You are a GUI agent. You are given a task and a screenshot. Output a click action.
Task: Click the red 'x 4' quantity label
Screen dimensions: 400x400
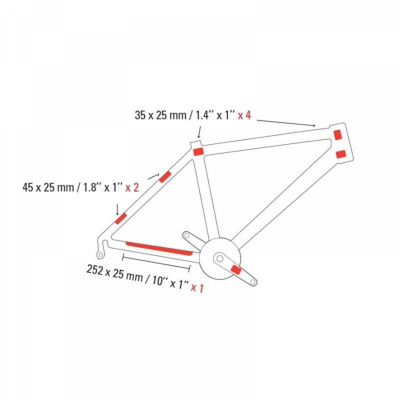[x=244, y=115]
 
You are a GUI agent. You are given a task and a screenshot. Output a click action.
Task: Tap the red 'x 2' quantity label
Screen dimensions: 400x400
[x=132, y=188]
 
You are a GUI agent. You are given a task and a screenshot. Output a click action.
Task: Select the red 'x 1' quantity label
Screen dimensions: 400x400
[x=197, y=288]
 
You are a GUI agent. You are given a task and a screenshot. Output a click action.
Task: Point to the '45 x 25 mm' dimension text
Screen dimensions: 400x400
[x=48, y=188]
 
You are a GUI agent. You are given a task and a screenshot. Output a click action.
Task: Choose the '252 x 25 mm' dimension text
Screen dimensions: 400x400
[x=115, y=273]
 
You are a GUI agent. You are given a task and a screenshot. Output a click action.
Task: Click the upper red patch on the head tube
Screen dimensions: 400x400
[x=338, y=134]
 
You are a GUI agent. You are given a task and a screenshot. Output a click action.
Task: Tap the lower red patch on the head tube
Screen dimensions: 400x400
[x=341, y=154]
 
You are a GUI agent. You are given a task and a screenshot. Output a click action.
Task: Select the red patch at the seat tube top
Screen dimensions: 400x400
[x=198, y=151]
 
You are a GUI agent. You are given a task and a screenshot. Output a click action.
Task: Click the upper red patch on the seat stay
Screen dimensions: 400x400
[x=165, y=177]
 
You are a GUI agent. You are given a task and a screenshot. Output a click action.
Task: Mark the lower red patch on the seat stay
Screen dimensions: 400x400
[x=121, y=218]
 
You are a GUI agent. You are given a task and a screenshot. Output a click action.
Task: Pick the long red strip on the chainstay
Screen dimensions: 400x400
[x=159, y=248]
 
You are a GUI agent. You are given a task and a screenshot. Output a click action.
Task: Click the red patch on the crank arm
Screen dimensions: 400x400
[x=236, y=270]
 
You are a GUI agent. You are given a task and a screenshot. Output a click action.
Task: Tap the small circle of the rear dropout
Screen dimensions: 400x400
[x=101, y=254]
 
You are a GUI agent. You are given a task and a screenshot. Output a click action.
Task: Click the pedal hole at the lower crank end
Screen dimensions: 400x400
[x=253, y=282]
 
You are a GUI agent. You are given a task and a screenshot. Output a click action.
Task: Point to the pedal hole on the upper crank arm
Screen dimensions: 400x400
[x=187, y=234]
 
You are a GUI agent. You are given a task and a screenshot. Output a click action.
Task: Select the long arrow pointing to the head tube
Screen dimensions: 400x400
[x=286, y=122]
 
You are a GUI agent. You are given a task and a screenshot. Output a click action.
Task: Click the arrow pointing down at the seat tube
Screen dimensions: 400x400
[x=199, y=132]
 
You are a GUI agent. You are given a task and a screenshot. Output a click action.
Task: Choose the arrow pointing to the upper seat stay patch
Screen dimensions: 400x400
[x=154, y=176]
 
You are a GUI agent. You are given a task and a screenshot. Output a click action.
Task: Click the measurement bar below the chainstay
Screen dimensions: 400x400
[x=156, y=263]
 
